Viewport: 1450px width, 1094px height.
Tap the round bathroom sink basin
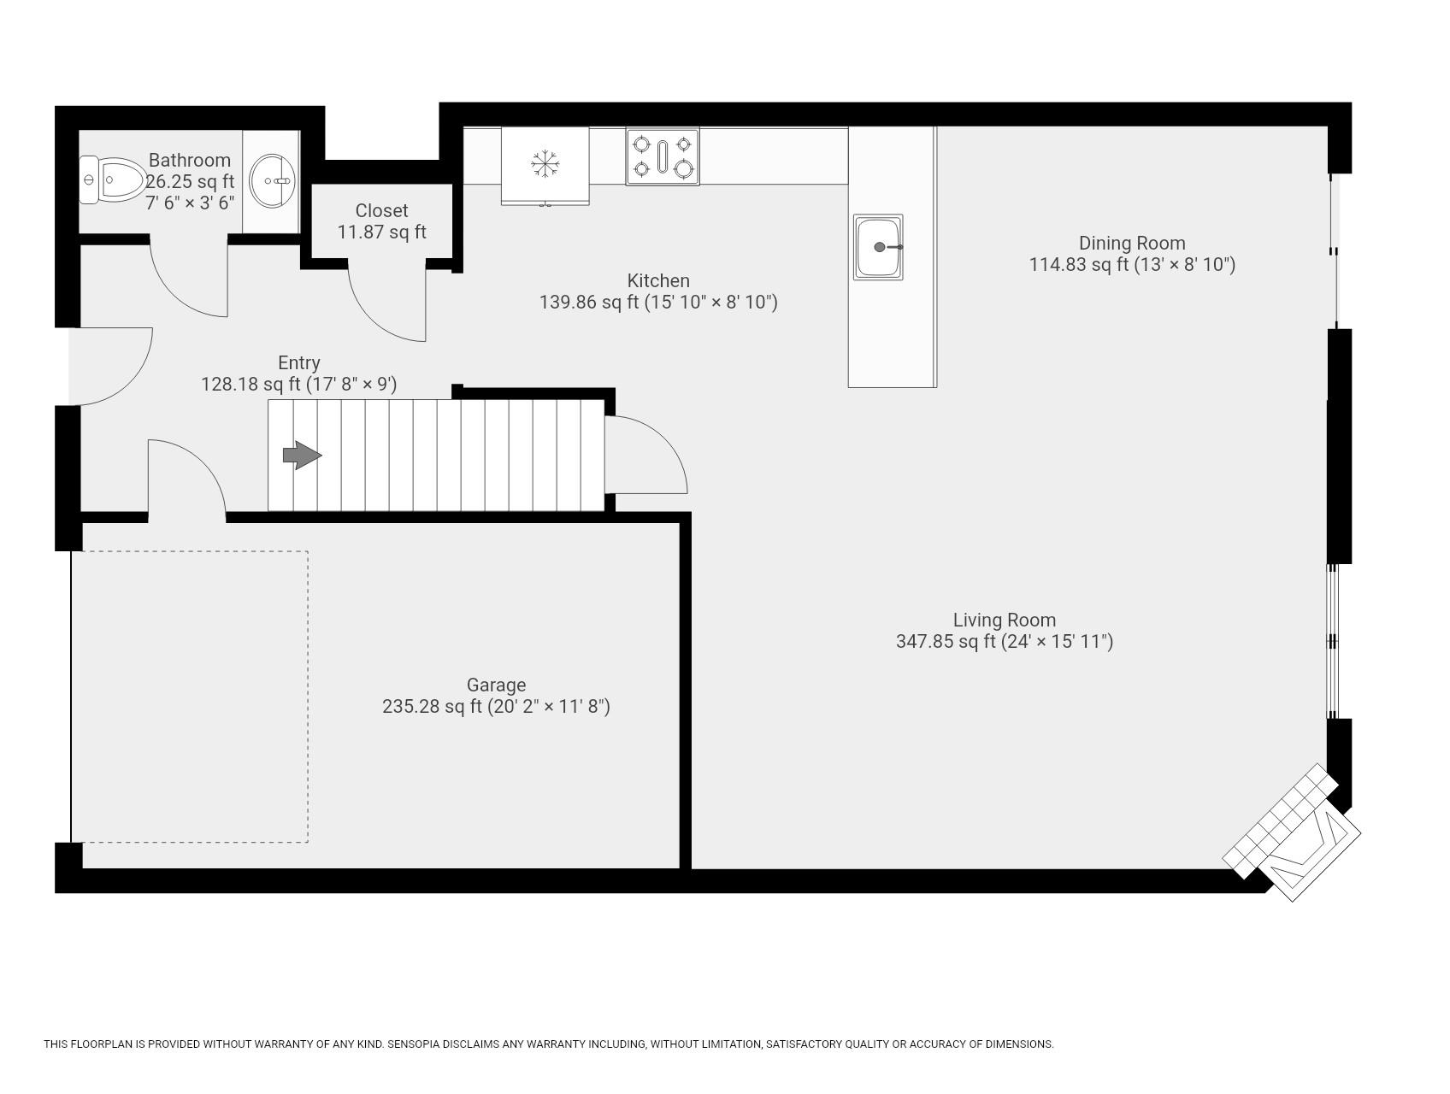[x=273, y=180]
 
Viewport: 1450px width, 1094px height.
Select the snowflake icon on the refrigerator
[x=545, y=163]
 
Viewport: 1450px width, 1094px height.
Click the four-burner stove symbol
[x=663, y=156]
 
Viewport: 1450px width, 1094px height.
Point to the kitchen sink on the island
[x=878, y=247]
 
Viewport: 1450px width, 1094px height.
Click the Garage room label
[x=496, y=685]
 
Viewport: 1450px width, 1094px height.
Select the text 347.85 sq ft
[x=945, y=642]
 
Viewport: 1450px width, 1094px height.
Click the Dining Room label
[x=1131, y=243]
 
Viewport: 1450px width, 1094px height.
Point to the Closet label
[x=381, y=210]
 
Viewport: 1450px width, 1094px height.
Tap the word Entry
[x=298, y=362]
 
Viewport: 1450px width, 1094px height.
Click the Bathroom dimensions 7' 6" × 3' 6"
[x=190, y=203]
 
